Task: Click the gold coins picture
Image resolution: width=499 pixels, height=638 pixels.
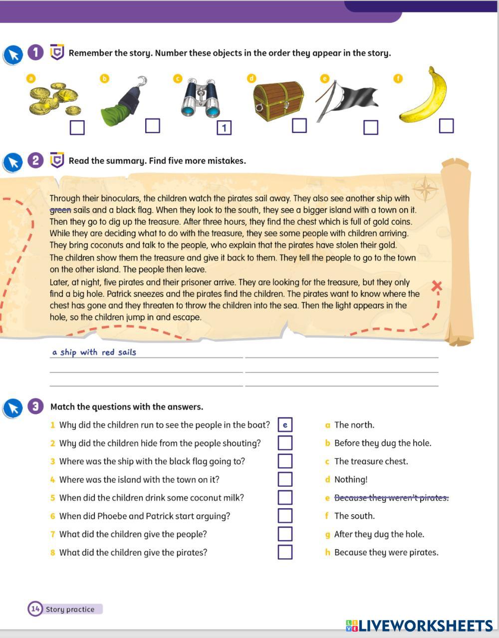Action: pos(53,99)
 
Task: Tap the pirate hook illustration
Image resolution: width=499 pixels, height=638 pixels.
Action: pos(124,102)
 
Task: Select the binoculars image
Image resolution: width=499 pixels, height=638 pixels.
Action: pos(201,98)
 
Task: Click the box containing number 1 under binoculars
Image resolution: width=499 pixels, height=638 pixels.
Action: pos(224,128)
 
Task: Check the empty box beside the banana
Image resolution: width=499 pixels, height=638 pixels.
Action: pos(446,126)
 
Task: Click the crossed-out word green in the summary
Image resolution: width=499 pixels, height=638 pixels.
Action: pos(60,210)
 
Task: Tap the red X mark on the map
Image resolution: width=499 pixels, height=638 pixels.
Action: pos(437,286)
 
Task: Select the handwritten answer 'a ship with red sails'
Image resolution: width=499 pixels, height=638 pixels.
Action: pos(94,352)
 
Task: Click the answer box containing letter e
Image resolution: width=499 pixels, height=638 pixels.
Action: pos(285,425)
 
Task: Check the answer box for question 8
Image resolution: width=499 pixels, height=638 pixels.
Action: pos(285,552)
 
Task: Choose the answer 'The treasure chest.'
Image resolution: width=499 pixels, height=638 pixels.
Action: pos(371,461)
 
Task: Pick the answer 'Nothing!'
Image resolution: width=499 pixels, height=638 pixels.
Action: pos(350,480)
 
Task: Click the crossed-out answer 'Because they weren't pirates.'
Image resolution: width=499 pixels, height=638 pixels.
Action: pos(391,498)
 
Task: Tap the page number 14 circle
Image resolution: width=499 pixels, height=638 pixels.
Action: pos(35,609)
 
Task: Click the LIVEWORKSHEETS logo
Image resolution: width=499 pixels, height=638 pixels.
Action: pos(419,626)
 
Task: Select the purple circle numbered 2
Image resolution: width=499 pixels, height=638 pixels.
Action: pos(35,161)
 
